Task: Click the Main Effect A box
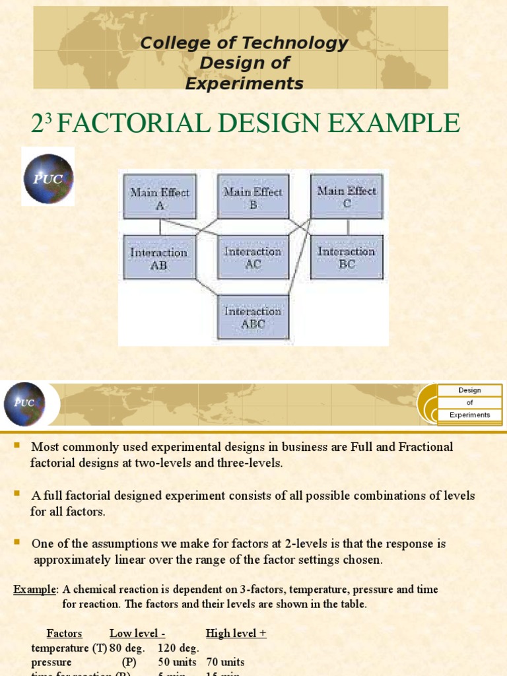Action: click(160, 197)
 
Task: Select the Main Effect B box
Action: click(253, 197)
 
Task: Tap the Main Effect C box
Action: click(347, 196)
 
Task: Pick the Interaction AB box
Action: click(159, 257)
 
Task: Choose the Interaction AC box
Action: click(253, 257)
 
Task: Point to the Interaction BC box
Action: click(347, 257)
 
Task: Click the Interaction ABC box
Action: click(253, 317)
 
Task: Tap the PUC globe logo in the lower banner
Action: click(25, 403)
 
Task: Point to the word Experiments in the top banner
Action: click(244, 84)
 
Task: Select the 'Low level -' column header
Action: click(137, 633)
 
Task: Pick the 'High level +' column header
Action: click(236, 633)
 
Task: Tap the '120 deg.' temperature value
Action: click(178, 648)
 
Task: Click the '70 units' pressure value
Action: click(225, 661)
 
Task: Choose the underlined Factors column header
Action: click(64, 633)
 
